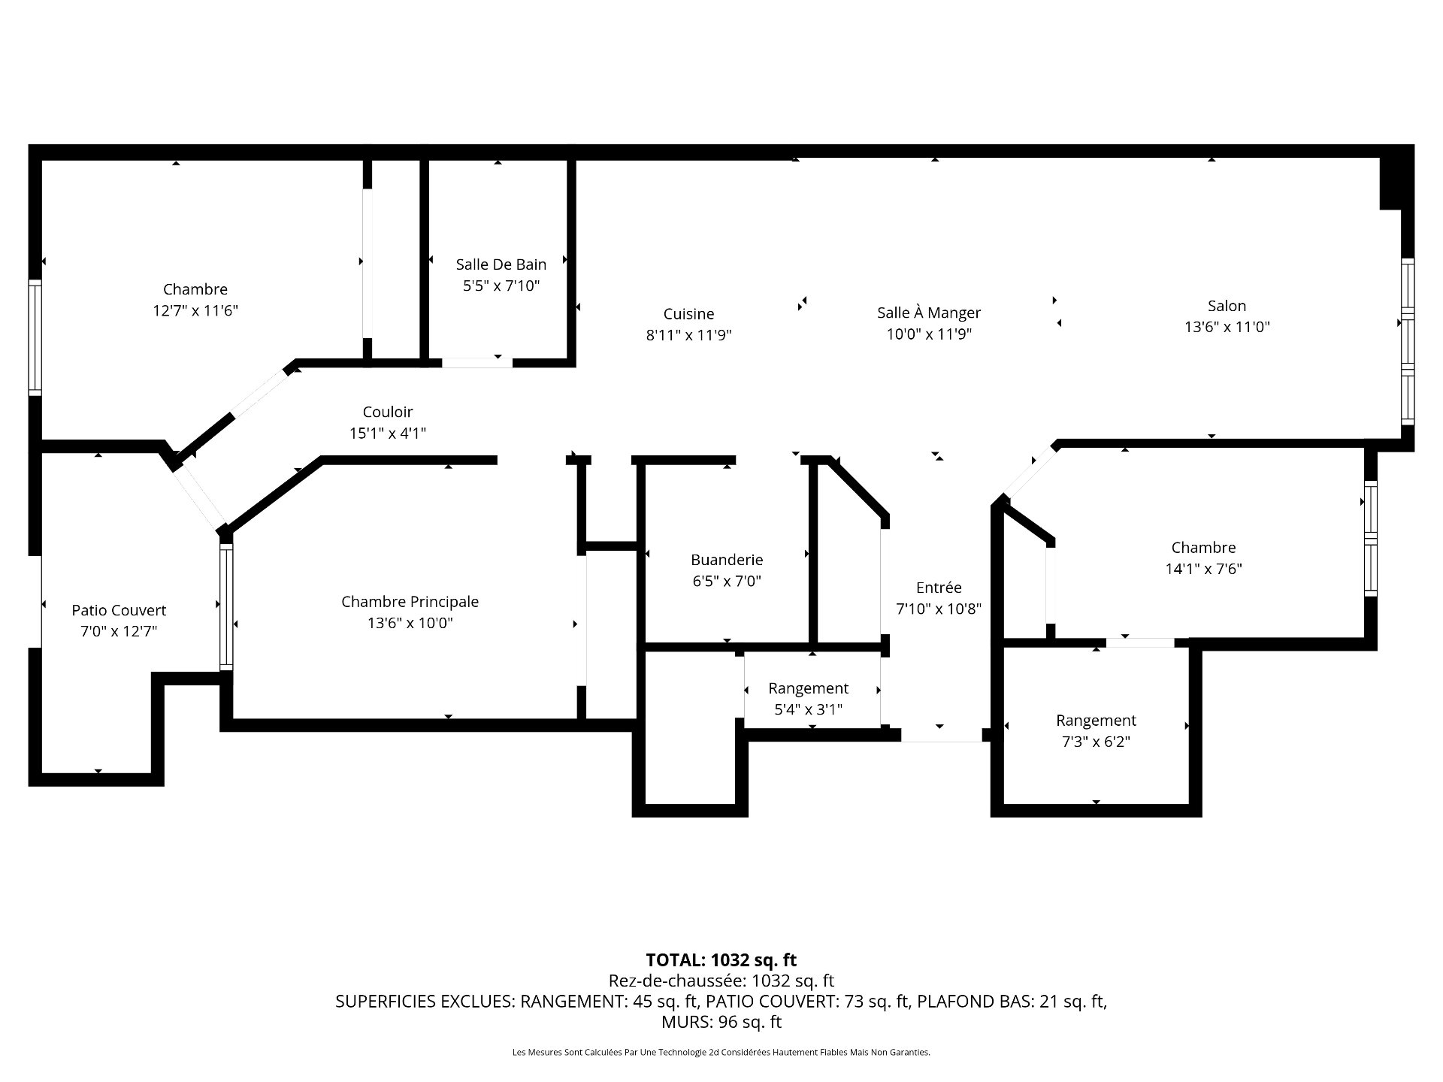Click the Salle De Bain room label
[501, 264]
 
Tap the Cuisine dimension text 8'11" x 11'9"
[688, 335]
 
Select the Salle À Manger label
[929, 313]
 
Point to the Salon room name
[1227, 306]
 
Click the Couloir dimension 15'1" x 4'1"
[388, 433]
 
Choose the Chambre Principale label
[410, 602]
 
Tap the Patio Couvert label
[119, 610]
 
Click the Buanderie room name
[727, 560]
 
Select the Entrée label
[939, 588]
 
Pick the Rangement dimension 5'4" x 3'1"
[808, 709]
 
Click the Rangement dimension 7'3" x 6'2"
[1096, 742]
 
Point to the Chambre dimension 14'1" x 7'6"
[1203, 569]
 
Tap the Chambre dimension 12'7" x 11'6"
[195, 310]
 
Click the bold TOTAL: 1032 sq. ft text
[721, 960]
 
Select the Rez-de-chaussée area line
[721, 981]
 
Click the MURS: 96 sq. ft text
[721, 1022]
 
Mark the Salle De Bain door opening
[476, 363]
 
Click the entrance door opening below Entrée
[941, 736]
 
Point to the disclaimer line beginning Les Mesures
[721, 1053]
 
